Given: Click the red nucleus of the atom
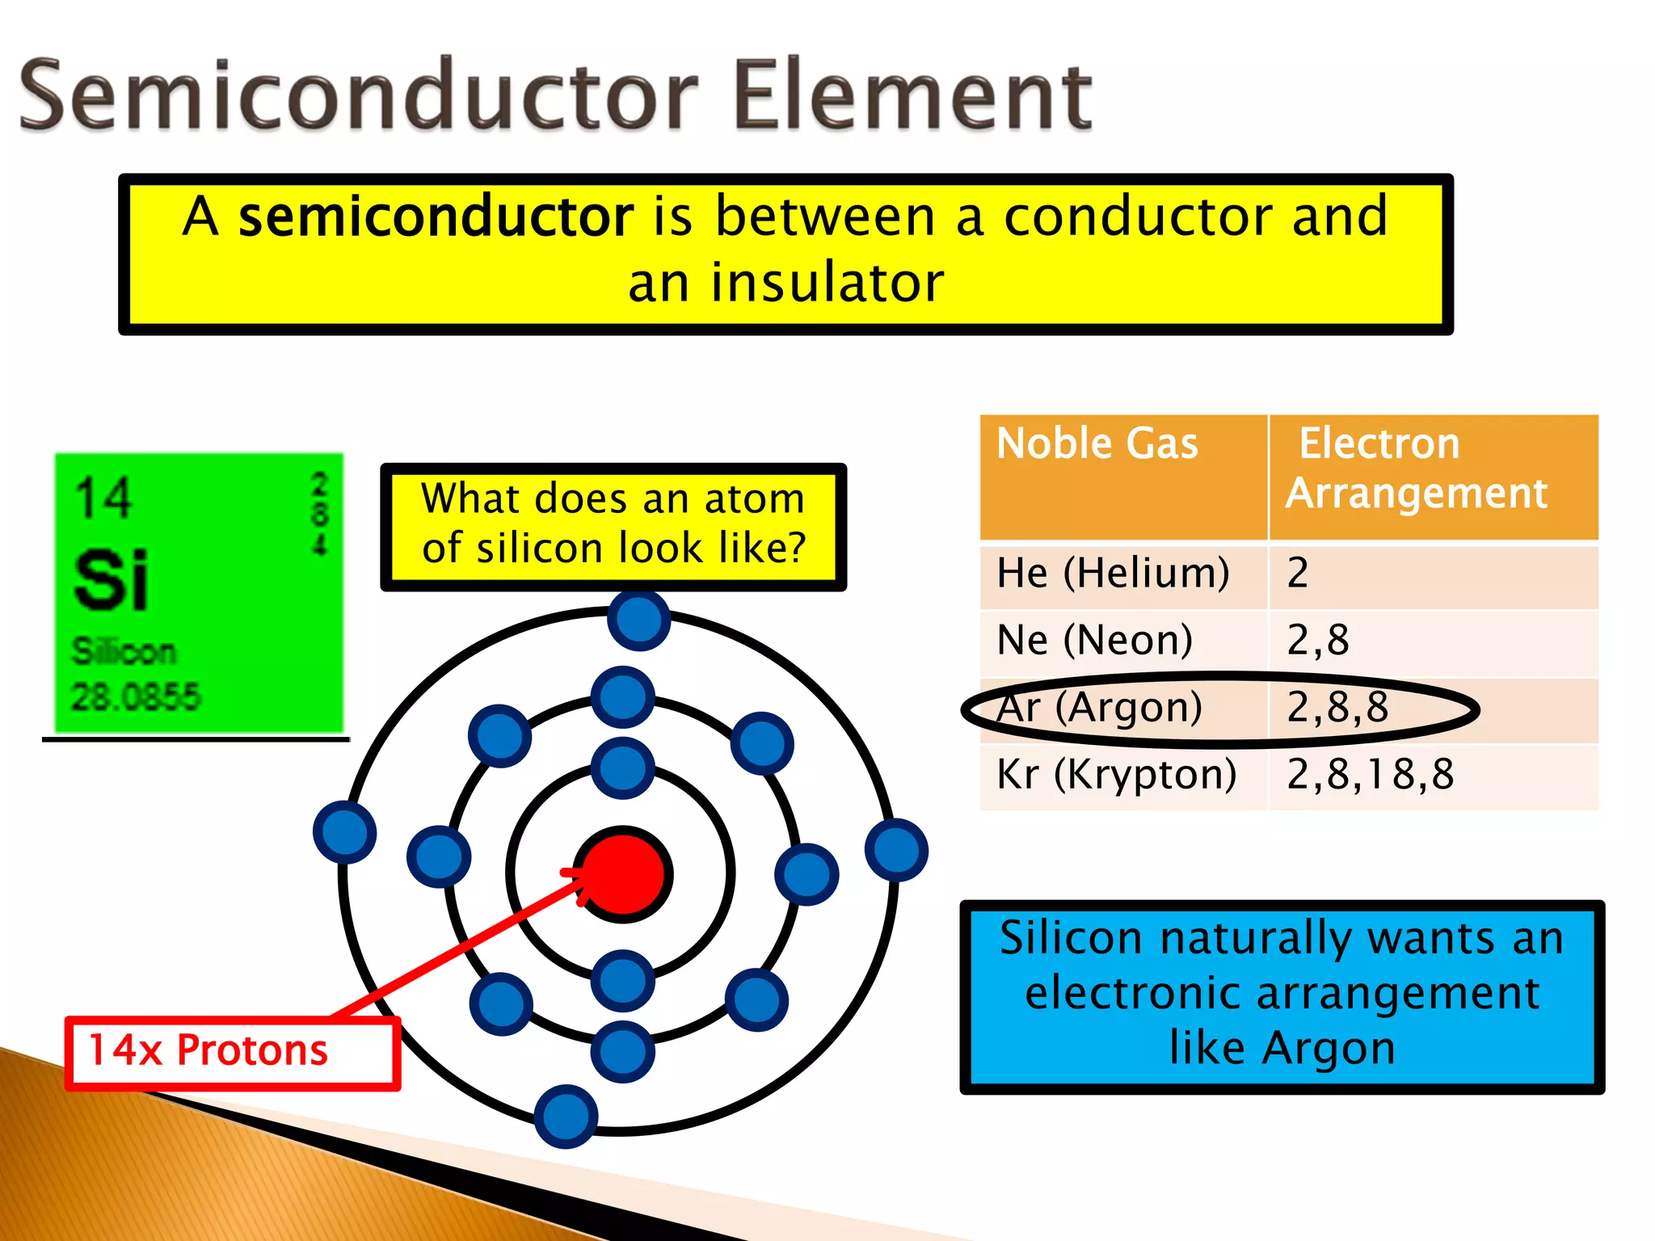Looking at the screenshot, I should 623,874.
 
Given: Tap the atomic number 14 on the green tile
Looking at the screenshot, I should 103,498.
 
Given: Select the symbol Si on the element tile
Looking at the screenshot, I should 111,579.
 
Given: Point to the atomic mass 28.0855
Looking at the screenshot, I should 135,696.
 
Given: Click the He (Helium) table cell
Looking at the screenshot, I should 1113,573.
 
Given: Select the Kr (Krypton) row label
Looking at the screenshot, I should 1116,774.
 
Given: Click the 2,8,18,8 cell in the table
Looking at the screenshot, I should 1370,774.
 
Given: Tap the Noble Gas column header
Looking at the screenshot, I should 1097,444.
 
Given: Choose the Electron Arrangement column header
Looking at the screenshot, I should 1416,468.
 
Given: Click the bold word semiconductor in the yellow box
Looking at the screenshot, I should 436,217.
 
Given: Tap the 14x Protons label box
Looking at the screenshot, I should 232,1051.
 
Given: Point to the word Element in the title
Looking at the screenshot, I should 913,95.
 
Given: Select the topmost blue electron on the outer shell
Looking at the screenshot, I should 638,620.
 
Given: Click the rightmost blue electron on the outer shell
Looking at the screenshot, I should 896,850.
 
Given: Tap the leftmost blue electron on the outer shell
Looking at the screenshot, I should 345,832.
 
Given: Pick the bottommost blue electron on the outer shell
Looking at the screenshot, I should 566,1117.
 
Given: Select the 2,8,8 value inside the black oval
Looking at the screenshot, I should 1337,707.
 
